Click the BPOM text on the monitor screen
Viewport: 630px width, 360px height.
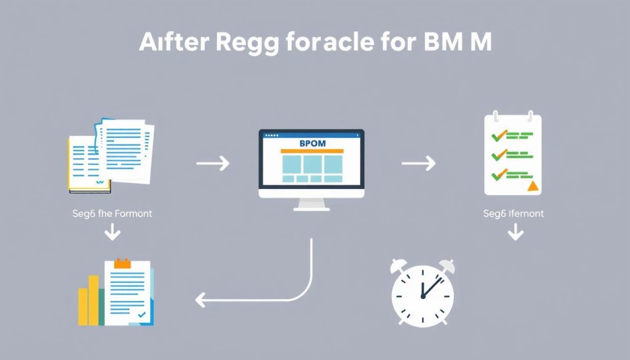[311, 143]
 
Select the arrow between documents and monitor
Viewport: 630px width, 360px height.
[212, 164]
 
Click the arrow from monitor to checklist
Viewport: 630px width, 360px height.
[418, 164]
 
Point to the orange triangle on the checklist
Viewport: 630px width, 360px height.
[532, 185]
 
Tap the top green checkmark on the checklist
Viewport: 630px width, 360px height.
[496, 135]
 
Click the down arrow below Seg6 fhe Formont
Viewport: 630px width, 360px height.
[113, 233]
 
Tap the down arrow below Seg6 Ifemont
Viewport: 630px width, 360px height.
[515, 233]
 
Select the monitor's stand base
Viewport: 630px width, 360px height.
[311, 207]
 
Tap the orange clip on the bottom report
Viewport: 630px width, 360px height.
[123, 264]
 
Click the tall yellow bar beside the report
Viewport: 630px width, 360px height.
[93, 300]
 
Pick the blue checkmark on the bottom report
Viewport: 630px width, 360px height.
[142, 314]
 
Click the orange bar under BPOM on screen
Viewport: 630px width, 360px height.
[311, 151]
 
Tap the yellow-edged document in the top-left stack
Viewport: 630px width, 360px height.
[86, 163]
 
